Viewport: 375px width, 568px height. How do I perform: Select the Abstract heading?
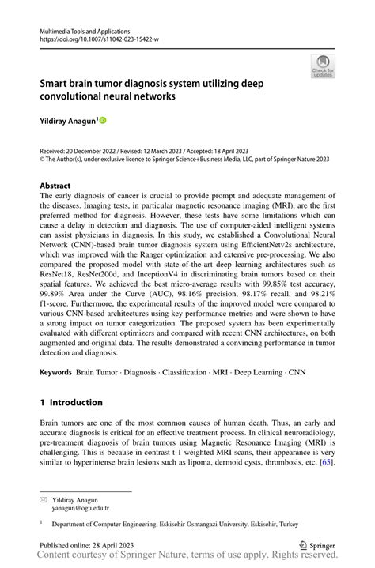click(x=60, y=186)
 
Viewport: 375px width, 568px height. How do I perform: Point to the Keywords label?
click(x=55, y=371)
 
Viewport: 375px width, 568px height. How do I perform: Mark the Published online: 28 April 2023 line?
click(x=87, y=545)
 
